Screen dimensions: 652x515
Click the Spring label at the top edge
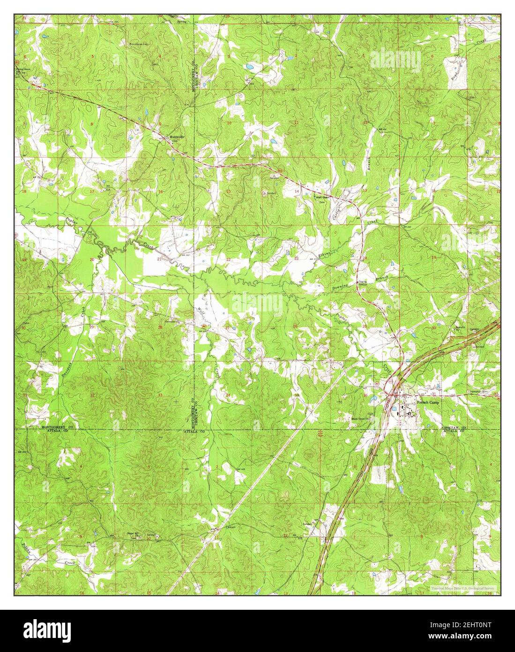[175, 22]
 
